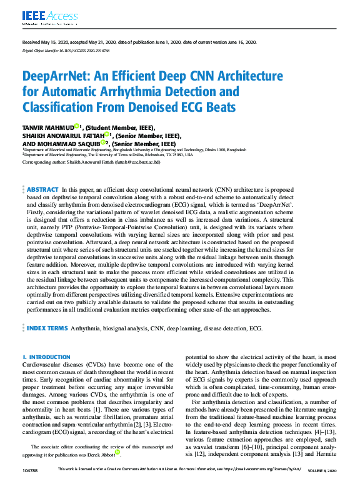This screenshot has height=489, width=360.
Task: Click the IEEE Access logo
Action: click(x=42, y=16)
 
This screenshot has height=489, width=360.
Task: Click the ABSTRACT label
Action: click(x=43, y=189)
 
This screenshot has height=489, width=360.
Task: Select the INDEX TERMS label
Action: click(x=47, y=327)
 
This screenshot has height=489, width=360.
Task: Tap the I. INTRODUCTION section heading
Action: click(x=46, y=357)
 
